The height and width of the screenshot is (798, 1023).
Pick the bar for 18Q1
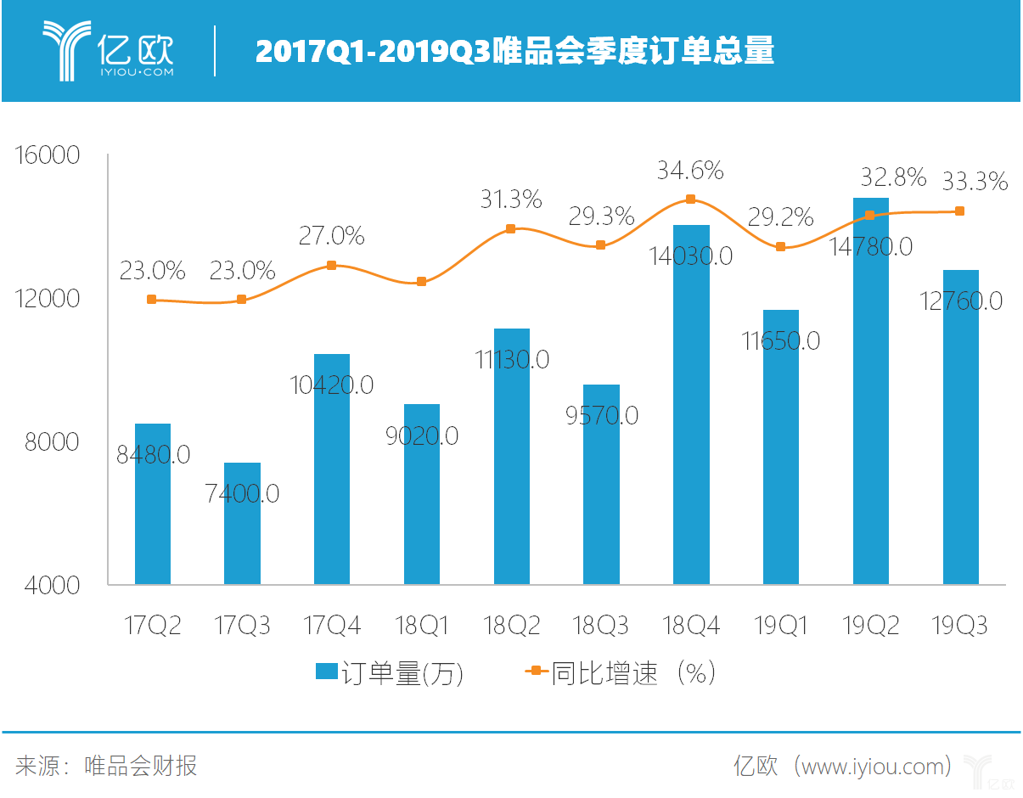click(x=422, y=509)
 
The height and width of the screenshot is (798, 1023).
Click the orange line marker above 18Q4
click(x=691, y=199)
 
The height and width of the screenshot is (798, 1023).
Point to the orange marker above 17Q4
click(x=332, y=265)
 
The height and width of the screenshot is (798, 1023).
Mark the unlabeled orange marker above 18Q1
click(x=422, y=281)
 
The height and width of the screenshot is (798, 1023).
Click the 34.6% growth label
click(x=690, y=171)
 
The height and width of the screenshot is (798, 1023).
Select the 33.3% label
click(x=975, y=181)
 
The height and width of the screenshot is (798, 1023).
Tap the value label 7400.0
click(x=242, y=492)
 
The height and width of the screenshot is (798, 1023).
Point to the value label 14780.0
click(x=871, y=246)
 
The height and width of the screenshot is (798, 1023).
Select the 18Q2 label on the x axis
click(x=511, y=627)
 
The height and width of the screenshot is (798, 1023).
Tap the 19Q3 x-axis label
click(x=960, y=627)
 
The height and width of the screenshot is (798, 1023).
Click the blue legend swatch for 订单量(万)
click(x=327, y=672)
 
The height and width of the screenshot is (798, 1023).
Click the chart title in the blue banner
click(x=514, y=52)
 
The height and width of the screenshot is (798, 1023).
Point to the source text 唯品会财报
click(x=141, y=766)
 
